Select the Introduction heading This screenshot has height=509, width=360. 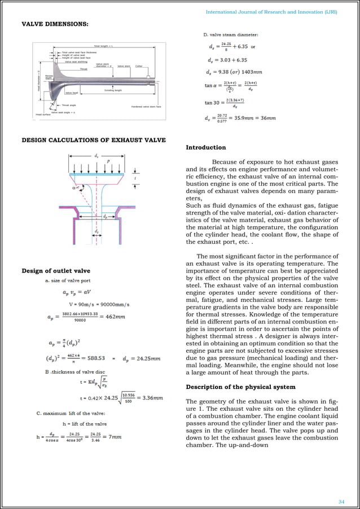pos(205,147)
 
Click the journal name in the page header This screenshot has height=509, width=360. pos(271,11)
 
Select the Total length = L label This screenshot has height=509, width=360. pos(104,46)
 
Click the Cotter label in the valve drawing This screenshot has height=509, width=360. pos(139,66)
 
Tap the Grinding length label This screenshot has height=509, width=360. pos(113,90)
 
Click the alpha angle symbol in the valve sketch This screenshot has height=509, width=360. pos(83,190)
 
